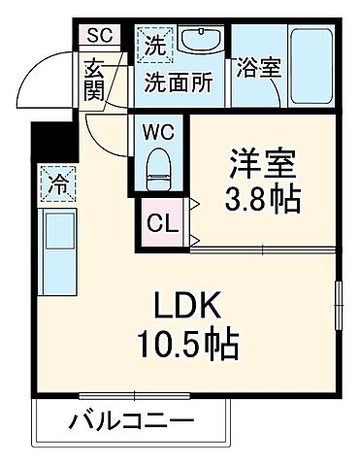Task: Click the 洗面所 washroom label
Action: tap(180, 82)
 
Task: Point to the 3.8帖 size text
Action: tap(262, 200)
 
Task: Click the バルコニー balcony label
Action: tap(131, 422)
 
